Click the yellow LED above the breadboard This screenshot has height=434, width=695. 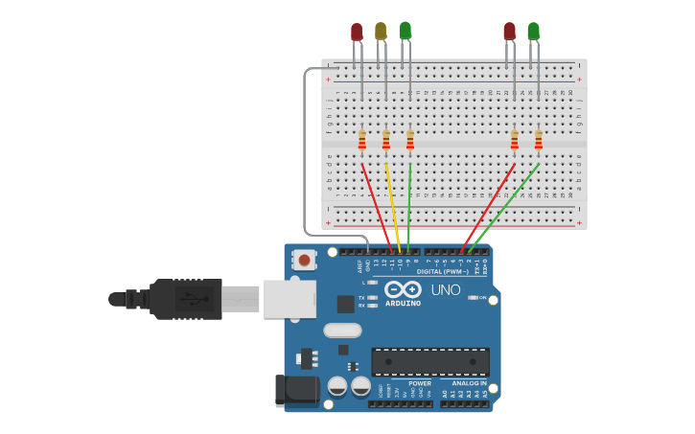pyautogui.click(x=381, y=32)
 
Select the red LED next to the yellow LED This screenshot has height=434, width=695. pyautogui.click(x=357, y=33)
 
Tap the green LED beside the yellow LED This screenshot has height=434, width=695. pyautogui.click(x=405, y=31)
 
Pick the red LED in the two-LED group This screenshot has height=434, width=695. pyautogui.click(x=509, y=32)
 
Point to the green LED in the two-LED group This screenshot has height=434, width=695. pyautogui.click(x=533, y=32)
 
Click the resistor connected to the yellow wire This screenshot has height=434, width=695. pyautogui.click(x=386, y=140)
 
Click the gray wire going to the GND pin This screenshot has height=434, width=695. pyautogui.click(x=305, y=153)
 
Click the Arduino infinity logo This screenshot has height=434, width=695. pyautogui.click(x=403, y=289)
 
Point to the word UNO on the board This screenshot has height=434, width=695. pyautogui.click(x=445, y=289)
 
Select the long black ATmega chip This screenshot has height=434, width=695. pyautogui.click(x=430, y=361)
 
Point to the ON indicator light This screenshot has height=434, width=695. pyautogui.click(x=473, y=298)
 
